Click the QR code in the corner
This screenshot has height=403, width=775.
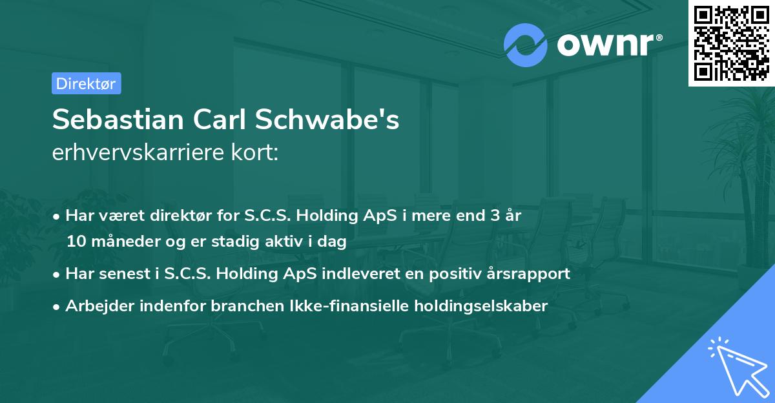tap(732, 43)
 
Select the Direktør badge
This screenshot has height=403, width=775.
tap(86, 83)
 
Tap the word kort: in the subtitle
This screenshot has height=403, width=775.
tap(258, 152)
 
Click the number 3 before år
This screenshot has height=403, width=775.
tap(495, 215)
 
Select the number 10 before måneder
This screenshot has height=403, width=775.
tap(74, 242)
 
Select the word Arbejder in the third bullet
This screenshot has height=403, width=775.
tap(92, 306)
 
